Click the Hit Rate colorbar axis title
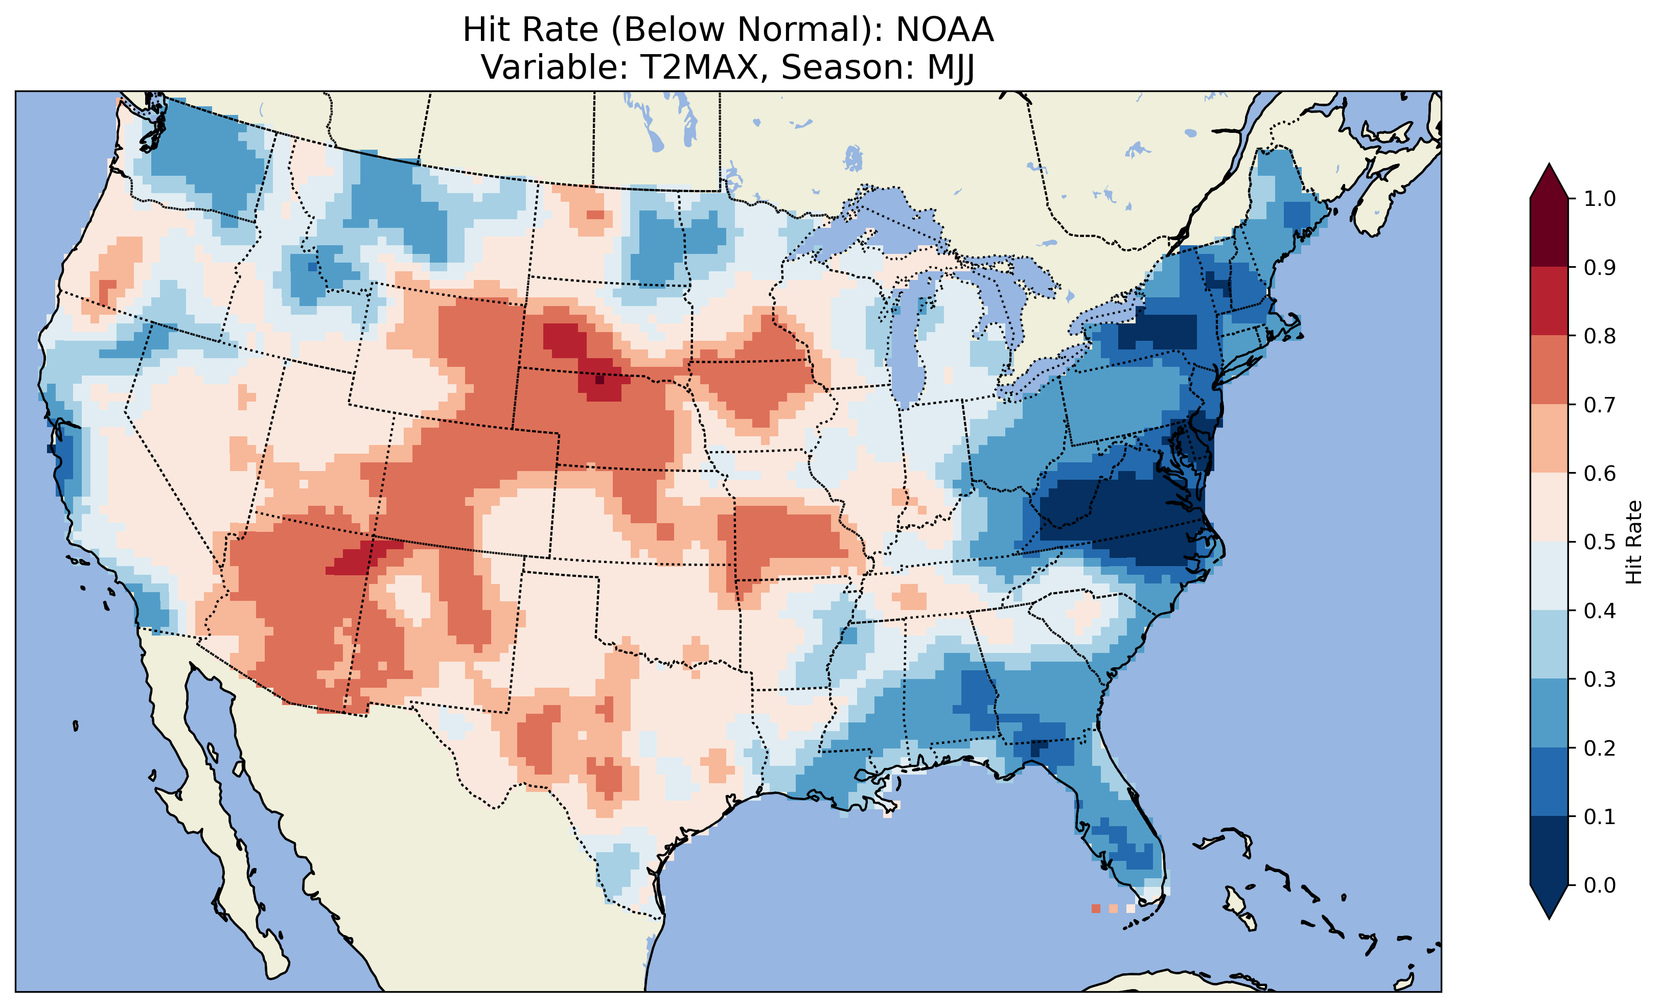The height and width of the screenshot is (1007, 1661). (x=1633, y=543)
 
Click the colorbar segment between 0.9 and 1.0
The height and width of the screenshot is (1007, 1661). (x=1549, y=232)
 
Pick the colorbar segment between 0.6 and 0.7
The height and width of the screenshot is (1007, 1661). (x=1549, y=438)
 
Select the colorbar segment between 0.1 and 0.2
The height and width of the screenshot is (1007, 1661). (x=1549, y=782)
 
